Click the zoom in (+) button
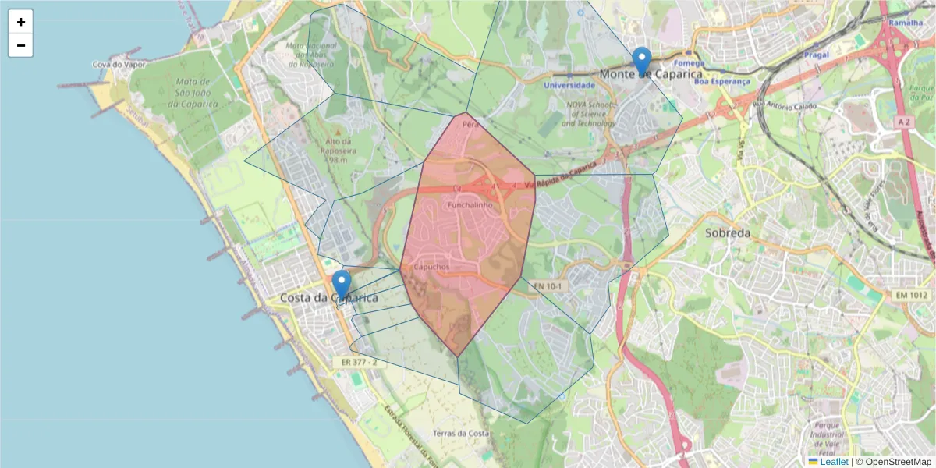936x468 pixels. coord(21,22)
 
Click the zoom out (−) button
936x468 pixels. coord(21,46)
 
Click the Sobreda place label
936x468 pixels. coord(727,232)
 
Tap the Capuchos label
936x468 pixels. coord(431,267)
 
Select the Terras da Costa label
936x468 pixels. coord(461,433)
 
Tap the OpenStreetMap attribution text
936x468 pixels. coord(898,462)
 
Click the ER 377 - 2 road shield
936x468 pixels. coord(360,363)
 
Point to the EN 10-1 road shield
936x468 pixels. coord(548,286)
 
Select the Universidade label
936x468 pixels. coord(569,85)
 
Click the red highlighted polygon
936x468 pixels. coord(468,242)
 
